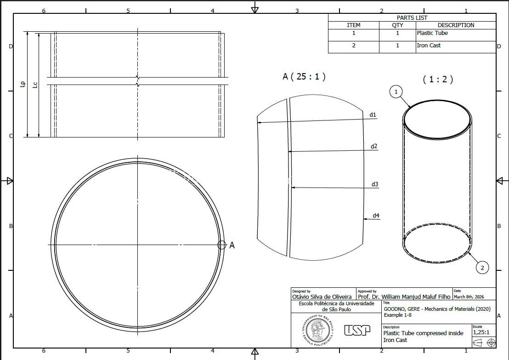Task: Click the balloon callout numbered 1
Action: click(396, 91)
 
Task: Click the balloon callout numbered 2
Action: click(482, 268)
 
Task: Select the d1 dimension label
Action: click(373, 114)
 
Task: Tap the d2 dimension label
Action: click(374, 146)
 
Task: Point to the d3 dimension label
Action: click(375, 184)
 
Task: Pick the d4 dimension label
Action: click(376, 216)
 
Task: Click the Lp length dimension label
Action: click(23, 84)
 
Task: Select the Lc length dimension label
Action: click(35, 85)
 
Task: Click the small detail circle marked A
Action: click(222, 245)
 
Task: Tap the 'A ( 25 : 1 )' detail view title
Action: click(304, 76)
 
